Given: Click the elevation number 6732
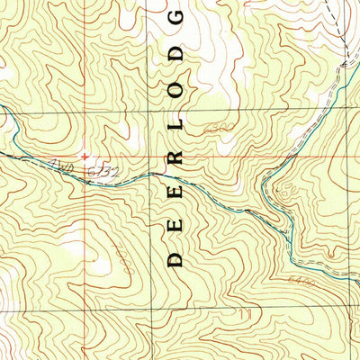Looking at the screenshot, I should coord(102,168).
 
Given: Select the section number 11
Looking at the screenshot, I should coord(246,313).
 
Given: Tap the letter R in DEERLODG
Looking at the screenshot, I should coord(175,158).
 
